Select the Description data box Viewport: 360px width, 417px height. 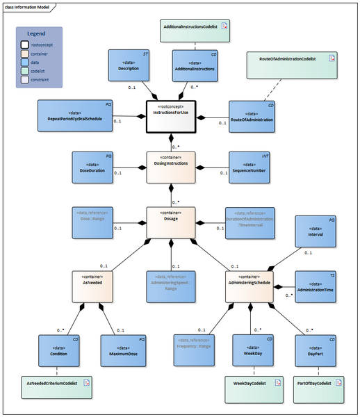129,66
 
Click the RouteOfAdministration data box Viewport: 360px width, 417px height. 251,116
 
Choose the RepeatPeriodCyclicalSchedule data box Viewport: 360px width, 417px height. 76,116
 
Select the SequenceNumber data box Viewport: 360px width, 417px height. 251,167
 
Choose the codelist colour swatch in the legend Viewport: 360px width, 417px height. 24,72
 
